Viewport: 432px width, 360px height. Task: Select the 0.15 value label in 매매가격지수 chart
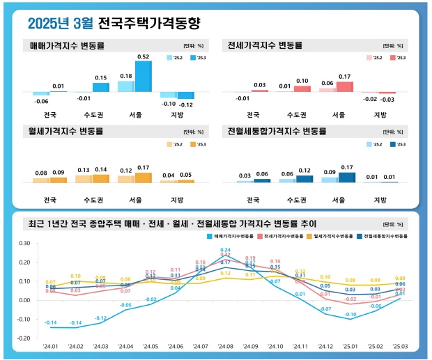(101, 78)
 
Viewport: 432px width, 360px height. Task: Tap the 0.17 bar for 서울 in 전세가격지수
(344, 86)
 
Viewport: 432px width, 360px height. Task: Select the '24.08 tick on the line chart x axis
(225, 346)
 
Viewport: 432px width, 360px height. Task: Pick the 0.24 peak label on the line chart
(225, 250)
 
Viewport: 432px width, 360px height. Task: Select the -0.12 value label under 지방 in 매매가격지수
(187, 104)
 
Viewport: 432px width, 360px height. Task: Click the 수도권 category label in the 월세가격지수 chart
(92, 201)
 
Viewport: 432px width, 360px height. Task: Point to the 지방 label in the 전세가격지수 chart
(380, 114)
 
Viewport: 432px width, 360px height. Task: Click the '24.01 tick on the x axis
(51, 346)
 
